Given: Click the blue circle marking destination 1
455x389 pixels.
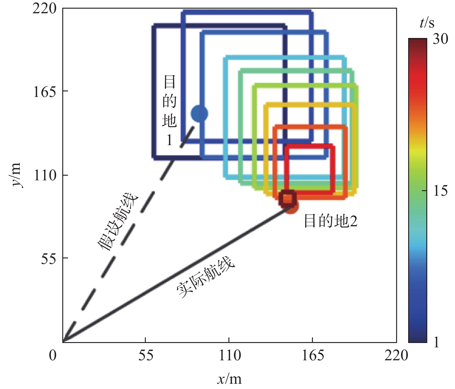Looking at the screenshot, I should coord(199,114).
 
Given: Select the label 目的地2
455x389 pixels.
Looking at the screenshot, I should coord(330,221).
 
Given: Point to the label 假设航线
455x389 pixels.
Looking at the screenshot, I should coord(118,222).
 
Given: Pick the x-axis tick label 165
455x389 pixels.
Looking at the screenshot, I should coord(313,356).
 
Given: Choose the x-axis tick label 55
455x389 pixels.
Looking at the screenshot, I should coord(146,356).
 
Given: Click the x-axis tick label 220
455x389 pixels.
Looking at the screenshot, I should coord(396,356).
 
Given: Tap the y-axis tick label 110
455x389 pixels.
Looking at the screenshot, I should coord(45,175).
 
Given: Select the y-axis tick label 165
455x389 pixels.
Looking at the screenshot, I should coord(45,91).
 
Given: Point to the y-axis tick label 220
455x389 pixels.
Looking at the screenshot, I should coord(45,8).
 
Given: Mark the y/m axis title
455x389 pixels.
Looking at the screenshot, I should coord(15,175).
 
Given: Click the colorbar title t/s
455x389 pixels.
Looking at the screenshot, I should coord(427,23).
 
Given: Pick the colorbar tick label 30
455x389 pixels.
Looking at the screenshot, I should coord(440,39).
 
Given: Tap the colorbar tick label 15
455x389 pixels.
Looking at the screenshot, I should coord(440,191).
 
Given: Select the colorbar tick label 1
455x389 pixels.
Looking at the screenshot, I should coord(436,342).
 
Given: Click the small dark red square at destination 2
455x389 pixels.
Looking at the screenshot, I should coord(287,198).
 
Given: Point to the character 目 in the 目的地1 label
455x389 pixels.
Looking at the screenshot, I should coord(170,82).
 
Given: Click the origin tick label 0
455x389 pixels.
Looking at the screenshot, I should coord(53,356).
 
